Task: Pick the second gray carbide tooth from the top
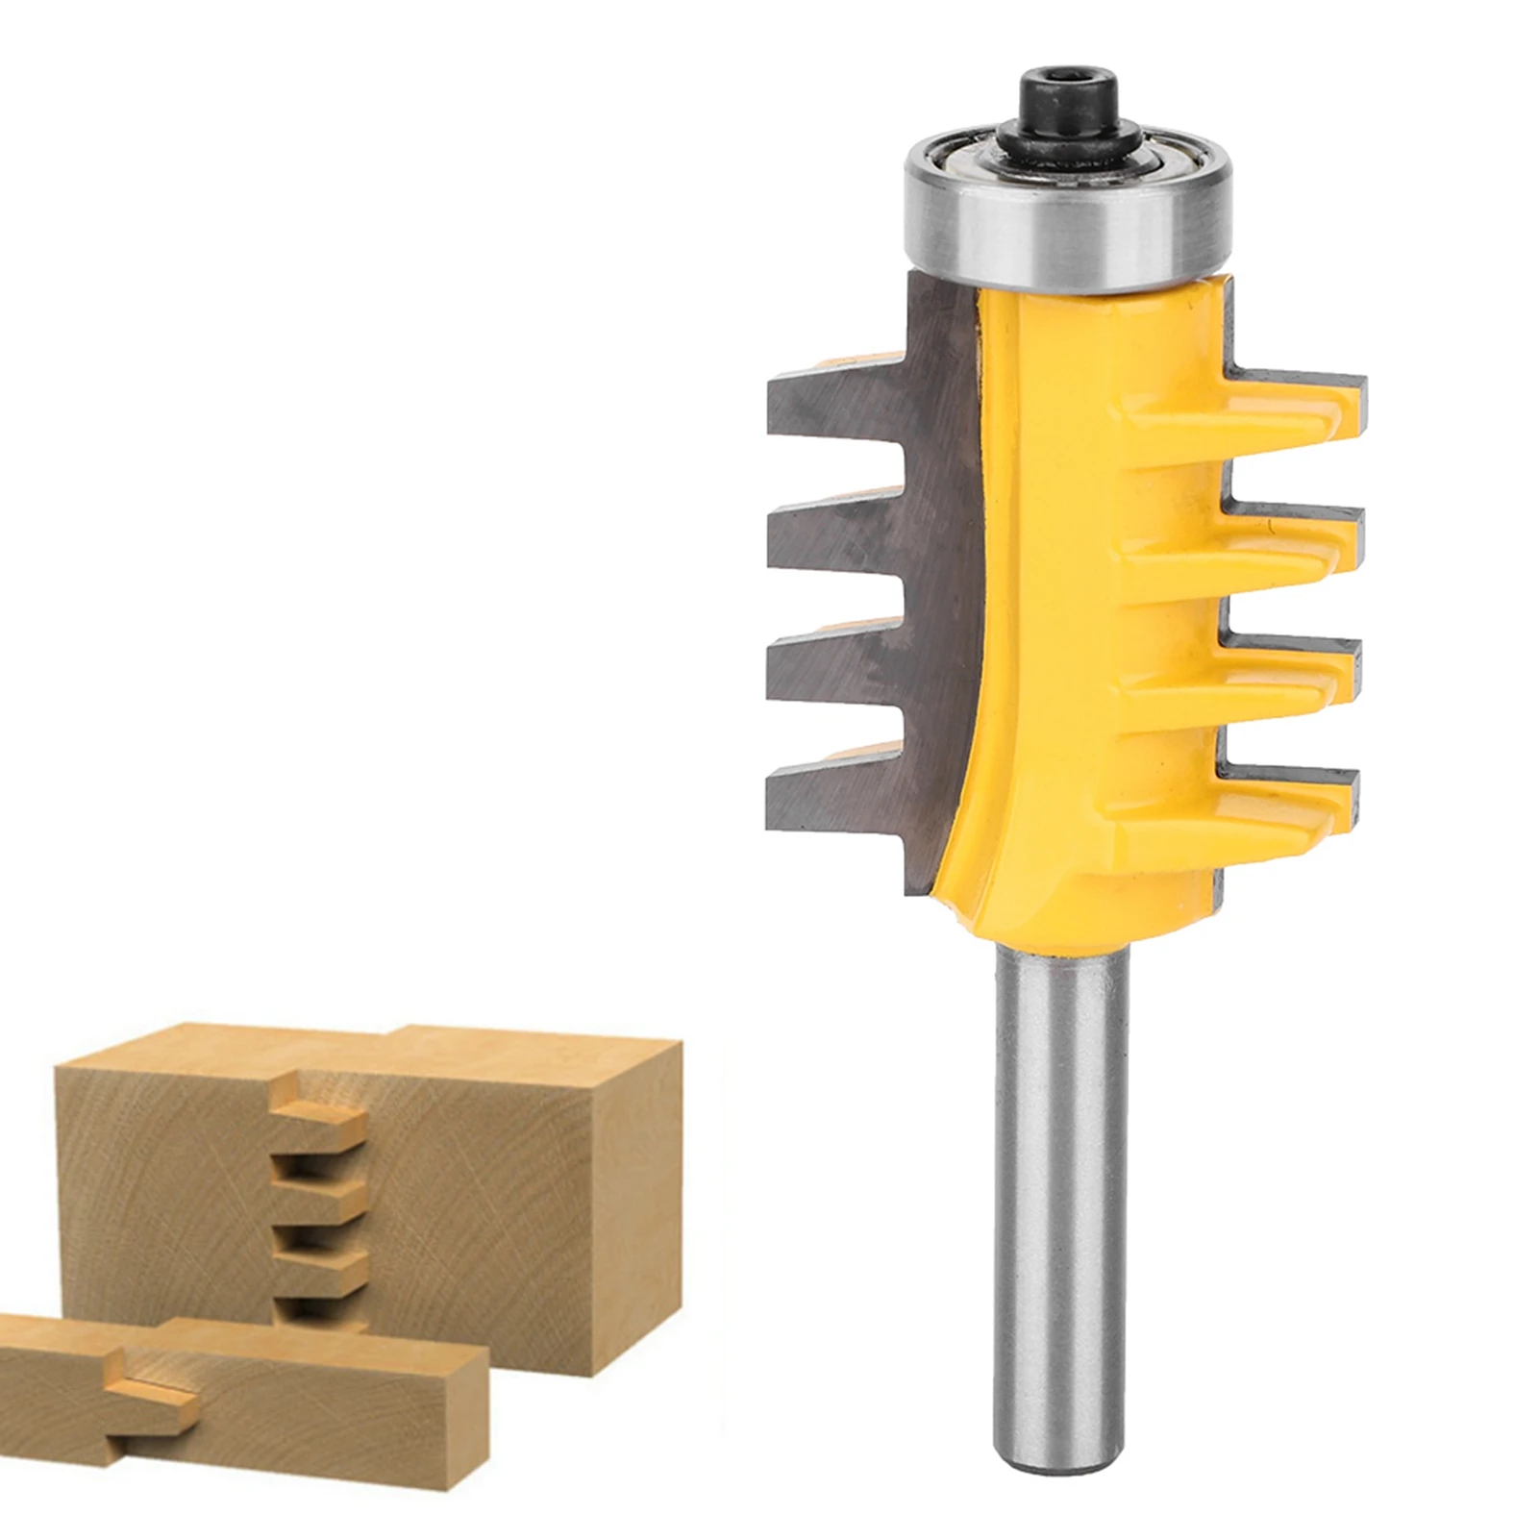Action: pyautogui.click(x=827, y=534)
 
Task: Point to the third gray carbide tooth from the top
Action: pyautogui.click(x=827, y=663)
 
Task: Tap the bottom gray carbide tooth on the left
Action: pyautogui.click(x=827, y=793)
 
